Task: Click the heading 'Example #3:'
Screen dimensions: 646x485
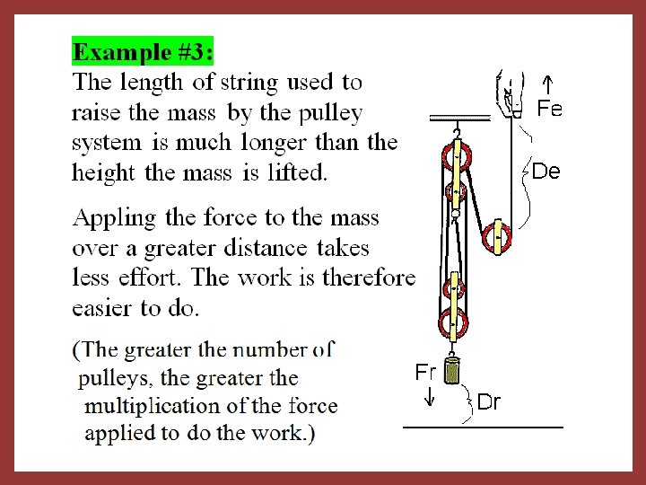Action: pos(143,52)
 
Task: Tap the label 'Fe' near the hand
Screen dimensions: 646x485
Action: pos(549,110)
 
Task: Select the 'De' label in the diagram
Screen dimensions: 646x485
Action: pos(546,171)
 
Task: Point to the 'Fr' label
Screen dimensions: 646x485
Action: pos(425,372)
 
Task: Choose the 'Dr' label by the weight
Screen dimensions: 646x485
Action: pos(489,402)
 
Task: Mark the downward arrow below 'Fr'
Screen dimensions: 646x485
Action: pos(429,396)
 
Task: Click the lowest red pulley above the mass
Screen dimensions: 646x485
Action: pos(453,321)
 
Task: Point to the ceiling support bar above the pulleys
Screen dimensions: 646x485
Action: pos(459,118)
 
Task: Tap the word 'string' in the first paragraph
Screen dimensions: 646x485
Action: pos(247,84)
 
